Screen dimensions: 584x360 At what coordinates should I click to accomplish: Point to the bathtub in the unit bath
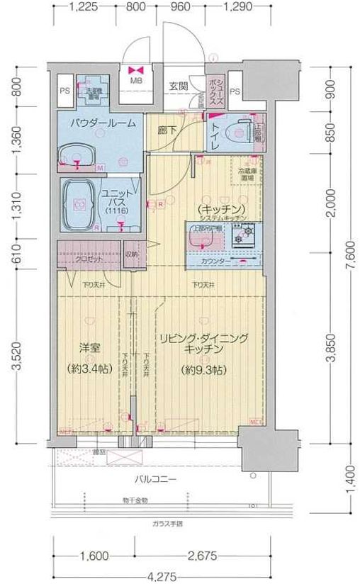80,205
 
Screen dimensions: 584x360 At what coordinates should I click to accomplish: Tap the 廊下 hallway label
167,130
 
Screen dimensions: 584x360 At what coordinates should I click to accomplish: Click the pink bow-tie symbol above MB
135,70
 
